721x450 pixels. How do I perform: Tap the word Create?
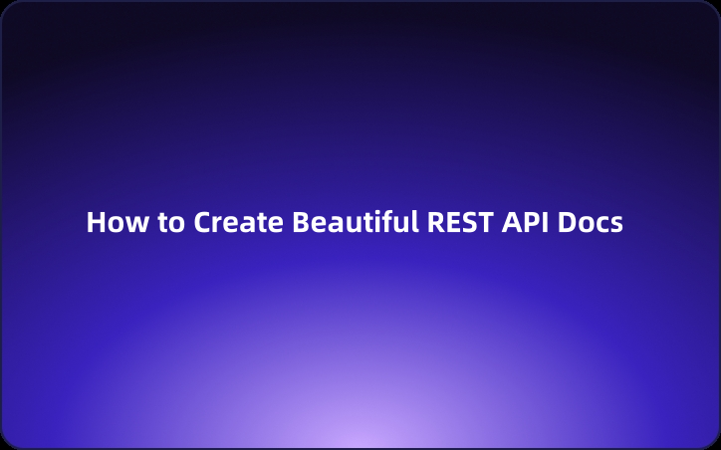click(x=237, y=222)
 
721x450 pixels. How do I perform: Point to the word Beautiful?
click(x=355, y=222)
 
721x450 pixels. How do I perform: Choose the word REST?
click(x=460, y=222)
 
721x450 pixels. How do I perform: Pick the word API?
click(x=526, y=222)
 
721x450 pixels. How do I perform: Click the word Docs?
click(x=591, y=222)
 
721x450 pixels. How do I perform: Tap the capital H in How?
click(x=95, y=222)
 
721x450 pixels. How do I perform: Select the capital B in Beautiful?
click(x=299, y=222)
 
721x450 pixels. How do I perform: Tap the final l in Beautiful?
click(x=415, y=221)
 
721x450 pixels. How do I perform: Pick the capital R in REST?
click(x=435, y=222)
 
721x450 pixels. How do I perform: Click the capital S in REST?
click(x=468, y=222)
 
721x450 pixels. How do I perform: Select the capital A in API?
click(x=511, y=222)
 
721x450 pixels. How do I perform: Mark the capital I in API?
click(x=544, y=222)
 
